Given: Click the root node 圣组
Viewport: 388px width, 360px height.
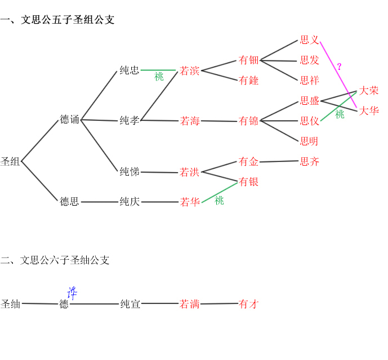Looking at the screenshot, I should click(x=10, y=162).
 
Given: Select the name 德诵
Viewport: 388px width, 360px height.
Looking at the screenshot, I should click(x=70, y=119).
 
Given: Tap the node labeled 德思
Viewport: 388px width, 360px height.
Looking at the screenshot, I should click(x=70, y=202).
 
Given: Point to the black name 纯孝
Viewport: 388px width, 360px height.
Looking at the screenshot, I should click(x=130, y=121).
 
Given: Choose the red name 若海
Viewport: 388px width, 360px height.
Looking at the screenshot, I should click(x=190, y=121).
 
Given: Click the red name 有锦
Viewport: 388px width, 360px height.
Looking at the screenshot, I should click(x=248, y=121).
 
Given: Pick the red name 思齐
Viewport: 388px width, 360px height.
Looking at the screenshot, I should click(x=310, y=162).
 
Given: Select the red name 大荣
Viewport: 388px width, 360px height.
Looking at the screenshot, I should click(x=369, y=91).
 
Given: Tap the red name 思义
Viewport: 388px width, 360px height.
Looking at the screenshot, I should click(x=310, y=40).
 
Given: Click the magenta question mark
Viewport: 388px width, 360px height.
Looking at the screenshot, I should click(x=339, y=66).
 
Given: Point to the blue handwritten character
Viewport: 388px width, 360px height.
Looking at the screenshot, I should click(x=72, y=292).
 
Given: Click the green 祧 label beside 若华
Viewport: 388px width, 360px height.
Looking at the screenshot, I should click(x=219, y=201).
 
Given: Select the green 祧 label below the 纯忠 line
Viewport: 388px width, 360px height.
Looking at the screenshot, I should click(x=159, y=77).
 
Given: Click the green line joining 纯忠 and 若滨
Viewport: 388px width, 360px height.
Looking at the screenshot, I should click(x=159, y=70).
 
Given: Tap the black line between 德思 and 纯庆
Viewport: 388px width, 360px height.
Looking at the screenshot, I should click(x=100, y=202).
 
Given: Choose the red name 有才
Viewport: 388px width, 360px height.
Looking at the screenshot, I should click(x=248, y=304).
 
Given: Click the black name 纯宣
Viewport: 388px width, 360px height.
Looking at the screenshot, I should click(x=130, y=304).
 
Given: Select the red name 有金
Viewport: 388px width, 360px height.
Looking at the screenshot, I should click(x=248, y=162).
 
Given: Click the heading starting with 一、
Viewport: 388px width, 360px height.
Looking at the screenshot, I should click(x=57, y=20).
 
